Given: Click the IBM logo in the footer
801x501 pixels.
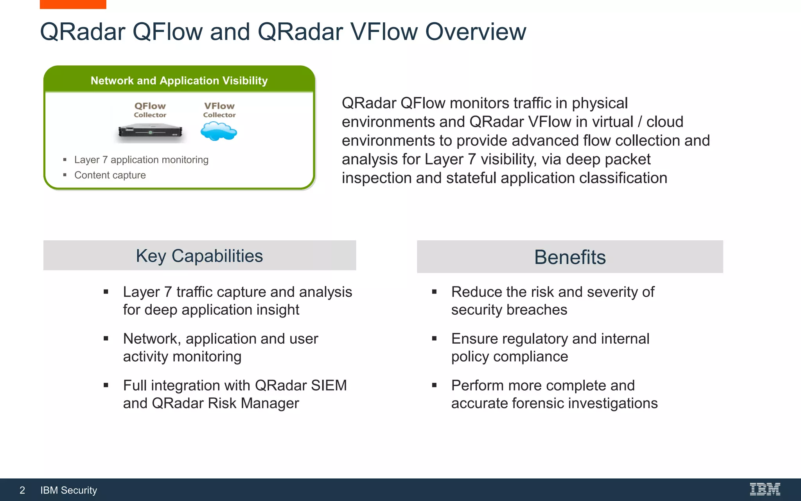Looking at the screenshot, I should pos(765,489).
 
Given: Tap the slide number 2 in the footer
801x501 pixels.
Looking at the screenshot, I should pos(22,490).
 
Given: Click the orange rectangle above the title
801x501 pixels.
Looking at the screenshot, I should pos(73,4).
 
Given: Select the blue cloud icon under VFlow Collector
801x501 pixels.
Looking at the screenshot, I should pos(219,131).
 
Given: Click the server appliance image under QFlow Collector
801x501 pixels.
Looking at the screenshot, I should pos(150,132).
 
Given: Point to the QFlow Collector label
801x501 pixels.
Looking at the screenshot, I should pos(150,110).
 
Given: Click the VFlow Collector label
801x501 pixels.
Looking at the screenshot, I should pos(219,110).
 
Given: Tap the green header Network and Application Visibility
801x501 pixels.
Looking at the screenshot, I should pos(179,81).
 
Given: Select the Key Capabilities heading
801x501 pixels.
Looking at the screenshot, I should pos(199,256).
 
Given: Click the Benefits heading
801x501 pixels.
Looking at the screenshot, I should pos(570,257).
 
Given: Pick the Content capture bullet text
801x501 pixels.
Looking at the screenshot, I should pos(110,175).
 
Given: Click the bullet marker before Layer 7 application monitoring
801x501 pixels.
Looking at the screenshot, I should pos(65,160).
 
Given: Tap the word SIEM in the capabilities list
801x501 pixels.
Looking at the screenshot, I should pos(329,385).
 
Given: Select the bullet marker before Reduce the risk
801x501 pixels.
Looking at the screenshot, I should pos(434,292).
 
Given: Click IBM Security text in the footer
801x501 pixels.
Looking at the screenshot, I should pos(68,490).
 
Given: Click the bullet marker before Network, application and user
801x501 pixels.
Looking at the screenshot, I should pos(106,339).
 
